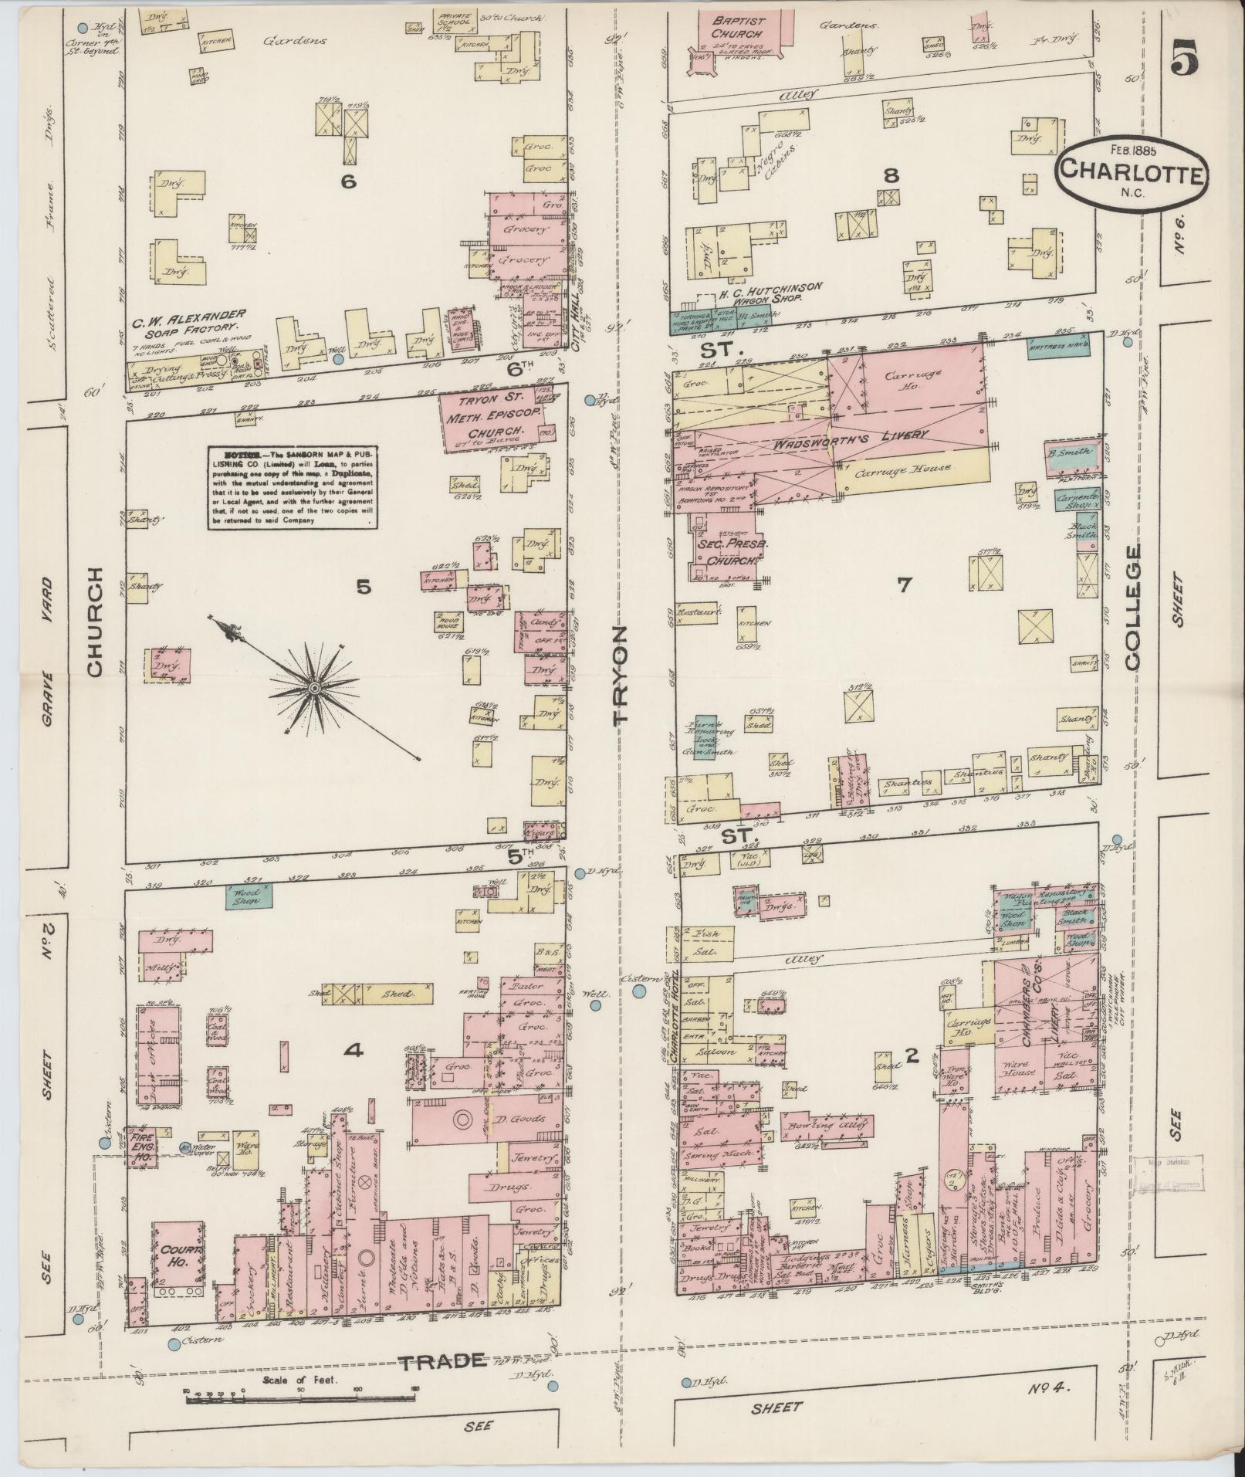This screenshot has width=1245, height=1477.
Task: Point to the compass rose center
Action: coord(314,686)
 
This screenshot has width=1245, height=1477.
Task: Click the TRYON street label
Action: coord(621,675)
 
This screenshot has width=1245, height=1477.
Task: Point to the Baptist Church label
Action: coord(737,29)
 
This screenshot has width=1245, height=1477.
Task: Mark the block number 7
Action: coord(903,584)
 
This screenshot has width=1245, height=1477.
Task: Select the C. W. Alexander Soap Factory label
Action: coord(188,320)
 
